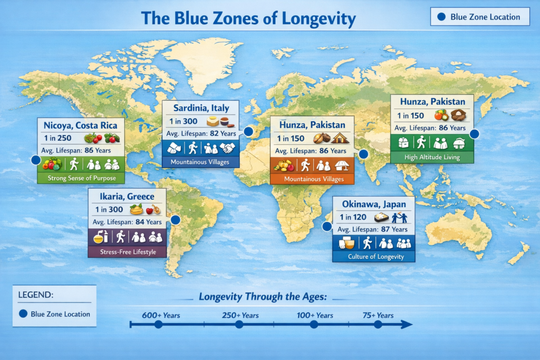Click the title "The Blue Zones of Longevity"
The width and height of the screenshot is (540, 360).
pyautogui.click(x=248, y=20)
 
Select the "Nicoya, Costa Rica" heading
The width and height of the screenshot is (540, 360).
pyautogui.click(x=81, y=126)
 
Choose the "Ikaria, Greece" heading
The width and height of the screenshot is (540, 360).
pyautogui.click(x=127, y=197)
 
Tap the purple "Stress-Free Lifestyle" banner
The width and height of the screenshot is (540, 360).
pyautogui.click(x=127, y=251)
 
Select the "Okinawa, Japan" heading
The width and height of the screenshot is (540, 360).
pyautogui.click(x=373, y=205)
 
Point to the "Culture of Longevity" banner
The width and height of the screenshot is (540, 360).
pyautogui.click(x=373, y=257)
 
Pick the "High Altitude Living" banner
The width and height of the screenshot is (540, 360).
pyautogui.click(x=432, y=157)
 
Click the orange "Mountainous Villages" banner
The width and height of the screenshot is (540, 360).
pyautogui.click(x=311, y=179)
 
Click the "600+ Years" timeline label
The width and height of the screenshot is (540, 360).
pyautogui.click(x=161, y=315)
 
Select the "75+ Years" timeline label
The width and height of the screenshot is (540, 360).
pyautogui.click(x=378, y=315)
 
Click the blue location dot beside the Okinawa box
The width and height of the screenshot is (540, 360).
pyautogui.click(x=327, y=227)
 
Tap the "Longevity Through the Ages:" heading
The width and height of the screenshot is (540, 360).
pyautogui.click(x=263, y=297)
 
